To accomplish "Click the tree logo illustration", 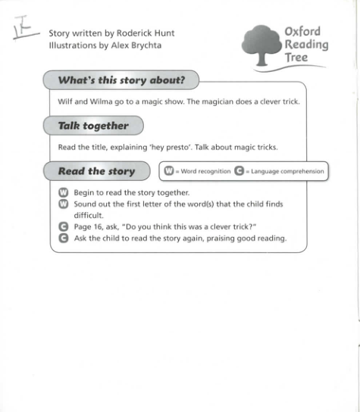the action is tap(262, 46).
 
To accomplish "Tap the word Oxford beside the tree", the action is tap(302, 32).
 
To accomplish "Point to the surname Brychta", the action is tap(142, 45).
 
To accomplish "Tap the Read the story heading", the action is tap(96, 171).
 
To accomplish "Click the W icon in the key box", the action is tap(170, 171).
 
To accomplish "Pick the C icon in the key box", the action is tap(238, 171).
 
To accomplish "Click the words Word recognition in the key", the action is tap(205, 172).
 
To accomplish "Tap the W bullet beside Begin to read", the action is tap(63, 192).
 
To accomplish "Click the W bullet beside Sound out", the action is tap(63, 204).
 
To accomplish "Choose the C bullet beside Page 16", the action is tap(63, 226).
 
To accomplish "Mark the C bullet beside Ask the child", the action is tap(63, 239).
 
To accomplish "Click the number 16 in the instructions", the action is tap(98, 226).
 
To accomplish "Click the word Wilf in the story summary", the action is tap(65, 101).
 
